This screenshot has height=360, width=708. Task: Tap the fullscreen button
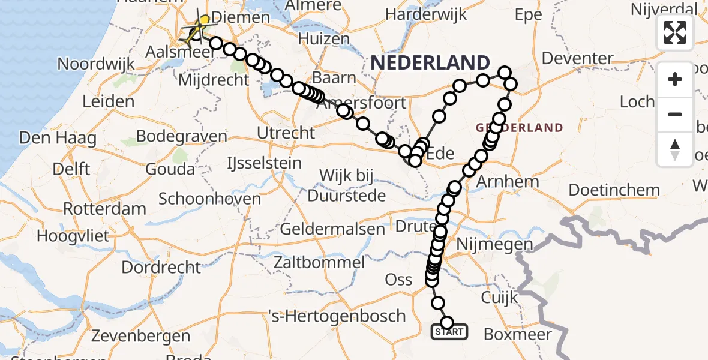[x=675, y=32]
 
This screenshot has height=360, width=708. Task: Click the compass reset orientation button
[x=675, y=149]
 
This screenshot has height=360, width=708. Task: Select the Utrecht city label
[x=286, y=132]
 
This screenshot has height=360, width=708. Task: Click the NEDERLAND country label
[x=430, y=62]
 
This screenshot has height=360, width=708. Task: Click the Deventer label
[x=577, y=59]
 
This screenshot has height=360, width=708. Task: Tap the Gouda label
[x=170, y=169]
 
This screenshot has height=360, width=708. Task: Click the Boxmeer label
[x=517, y=334]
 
